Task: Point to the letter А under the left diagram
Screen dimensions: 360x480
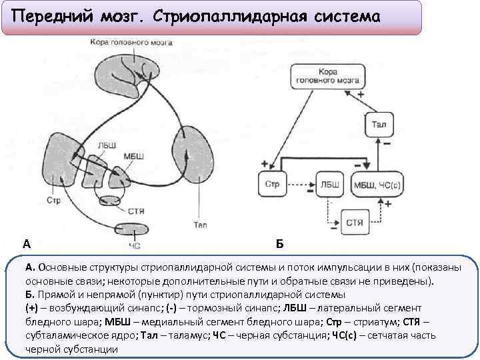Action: tap(26, 243)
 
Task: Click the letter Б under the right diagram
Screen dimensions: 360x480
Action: tap(279, 243)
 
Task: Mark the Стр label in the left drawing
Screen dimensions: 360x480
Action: tap(53, 199)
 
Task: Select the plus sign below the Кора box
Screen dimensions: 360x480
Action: tap(361, 95)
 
